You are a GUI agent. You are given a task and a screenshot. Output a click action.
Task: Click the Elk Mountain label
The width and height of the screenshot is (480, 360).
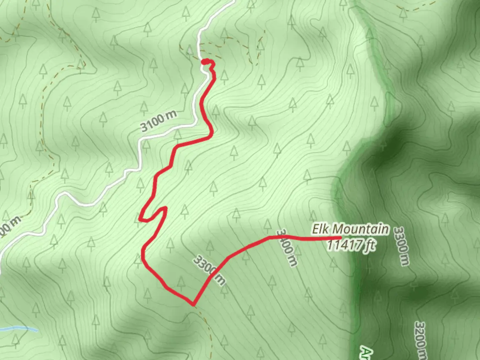click(x=350, y=229)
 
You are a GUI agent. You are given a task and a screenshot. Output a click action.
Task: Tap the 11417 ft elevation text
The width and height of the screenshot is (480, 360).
click(x=351, y=245)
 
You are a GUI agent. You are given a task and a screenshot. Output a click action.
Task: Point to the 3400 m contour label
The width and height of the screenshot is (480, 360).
click(x=287, y=247)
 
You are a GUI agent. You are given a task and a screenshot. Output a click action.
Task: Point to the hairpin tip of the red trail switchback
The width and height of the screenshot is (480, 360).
click(x=164, y=209)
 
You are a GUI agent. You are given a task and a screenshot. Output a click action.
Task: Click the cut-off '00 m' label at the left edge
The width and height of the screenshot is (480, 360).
click(x=10, y=227)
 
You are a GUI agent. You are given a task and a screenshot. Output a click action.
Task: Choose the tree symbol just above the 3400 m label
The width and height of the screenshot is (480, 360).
click(x=268, y=225)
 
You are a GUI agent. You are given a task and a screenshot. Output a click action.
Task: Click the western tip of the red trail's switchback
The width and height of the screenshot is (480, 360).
click(x=140, y=219)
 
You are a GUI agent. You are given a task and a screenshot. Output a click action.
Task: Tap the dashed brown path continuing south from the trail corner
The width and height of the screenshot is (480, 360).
click(x=207, y=323)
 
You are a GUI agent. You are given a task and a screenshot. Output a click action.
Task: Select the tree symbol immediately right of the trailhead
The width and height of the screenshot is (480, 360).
click(x=224, y=77)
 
